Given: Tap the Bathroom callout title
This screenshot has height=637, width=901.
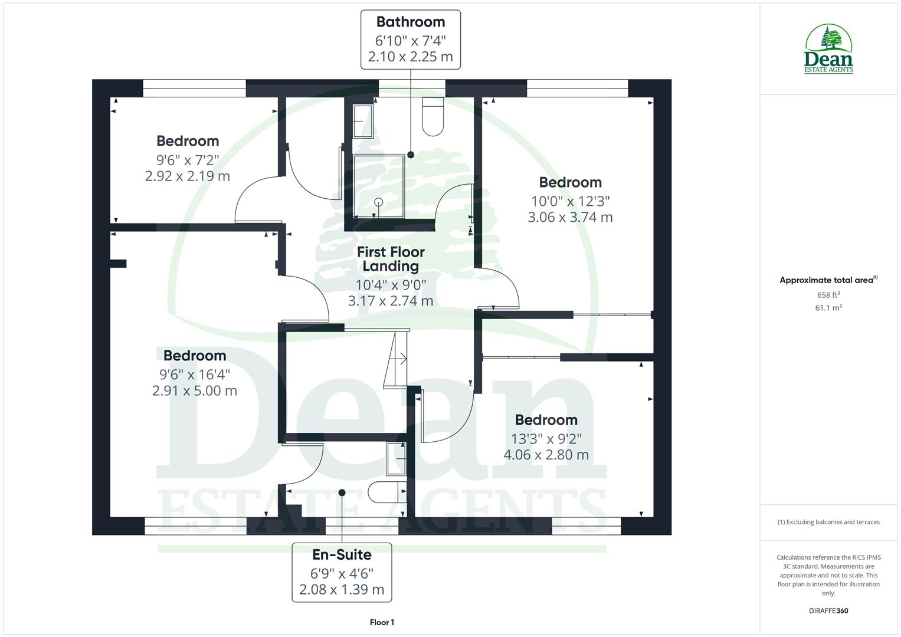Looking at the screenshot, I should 411,22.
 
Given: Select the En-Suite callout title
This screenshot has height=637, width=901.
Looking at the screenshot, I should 342,554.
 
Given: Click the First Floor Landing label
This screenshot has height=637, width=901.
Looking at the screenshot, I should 391,259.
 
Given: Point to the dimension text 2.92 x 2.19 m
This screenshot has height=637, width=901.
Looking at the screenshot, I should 188,176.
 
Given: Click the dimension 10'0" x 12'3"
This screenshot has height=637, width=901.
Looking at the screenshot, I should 570,201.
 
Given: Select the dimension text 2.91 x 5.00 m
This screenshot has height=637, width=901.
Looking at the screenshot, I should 195,390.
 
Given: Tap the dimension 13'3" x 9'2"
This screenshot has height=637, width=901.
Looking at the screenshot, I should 546,438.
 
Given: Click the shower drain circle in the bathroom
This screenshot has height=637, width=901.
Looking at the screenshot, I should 378,202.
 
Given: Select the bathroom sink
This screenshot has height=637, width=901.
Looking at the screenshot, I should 363,121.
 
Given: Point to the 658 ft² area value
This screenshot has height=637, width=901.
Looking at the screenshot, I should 828,295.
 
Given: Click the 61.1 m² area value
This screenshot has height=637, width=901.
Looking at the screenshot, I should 828,307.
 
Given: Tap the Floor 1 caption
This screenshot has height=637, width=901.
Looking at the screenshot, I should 382,622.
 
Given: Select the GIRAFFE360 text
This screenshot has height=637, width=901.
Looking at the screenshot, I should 828,610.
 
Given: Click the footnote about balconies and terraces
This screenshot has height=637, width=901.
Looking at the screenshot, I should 828,522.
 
